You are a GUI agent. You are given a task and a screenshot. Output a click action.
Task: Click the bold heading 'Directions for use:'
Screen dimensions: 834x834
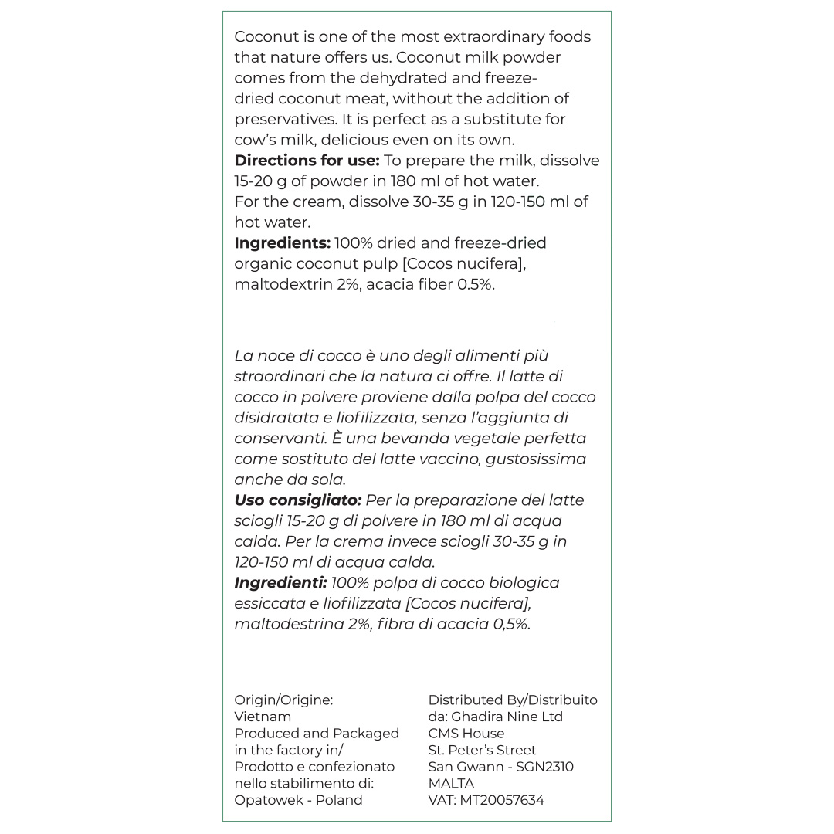point(307,161)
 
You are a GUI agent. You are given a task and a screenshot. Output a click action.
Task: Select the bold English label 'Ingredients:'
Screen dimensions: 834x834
point(282,243)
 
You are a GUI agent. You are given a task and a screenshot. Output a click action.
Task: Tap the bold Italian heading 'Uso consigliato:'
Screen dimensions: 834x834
point(297,500)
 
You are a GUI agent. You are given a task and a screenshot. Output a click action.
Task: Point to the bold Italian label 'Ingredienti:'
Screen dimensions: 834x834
point(280,583)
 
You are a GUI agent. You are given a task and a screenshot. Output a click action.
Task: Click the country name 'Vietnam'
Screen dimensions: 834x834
point(263,717)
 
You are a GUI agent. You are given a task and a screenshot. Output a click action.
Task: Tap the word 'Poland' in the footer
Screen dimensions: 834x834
point(338,800)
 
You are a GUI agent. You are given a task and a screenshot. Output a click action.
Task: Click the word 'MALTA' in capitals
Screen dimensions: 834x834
point(451,783)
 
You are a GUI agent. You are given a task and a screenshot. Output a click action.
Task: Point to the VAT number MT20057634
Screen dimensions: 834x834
point(502,800)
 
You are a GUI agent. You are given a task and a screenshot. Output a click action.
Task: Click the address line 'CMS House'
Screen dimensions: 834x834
point(466,734)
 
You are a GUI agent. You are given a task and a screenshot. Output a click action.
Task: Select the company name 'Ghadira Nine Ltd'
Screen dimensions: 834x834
point(507,717)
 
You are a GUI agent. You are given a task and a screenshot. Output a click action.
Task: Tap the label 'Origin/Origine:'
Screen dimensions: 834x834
point(283,700)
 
